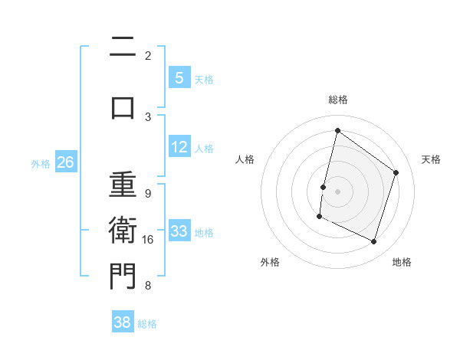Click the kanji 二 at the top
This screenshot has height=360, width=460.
tap(123, 47)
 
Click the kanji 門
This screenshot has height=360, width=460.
tap(123, 277)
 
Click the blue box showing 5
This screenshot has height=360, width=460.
tap(179, 77)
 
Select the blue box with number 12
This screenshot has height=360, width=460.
tap(179, 147)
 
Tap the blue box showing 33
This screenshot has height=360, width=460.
tap(179, 231)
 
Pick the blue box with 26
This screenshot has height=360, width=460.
tap(65, 162)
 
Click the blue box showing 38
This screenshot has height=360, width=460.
tap(123, 322)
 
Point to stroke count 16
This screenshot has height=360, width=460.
tap(148, 240)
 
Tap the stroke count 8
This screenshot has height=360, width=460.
tap(148, 286)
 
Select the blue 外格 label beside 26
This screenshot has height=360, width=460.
tap(41, 163)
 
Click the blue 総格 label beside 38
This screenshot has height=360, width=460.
tap(147, 324)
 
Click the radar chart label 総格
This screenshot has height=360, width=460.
tap(337, 100)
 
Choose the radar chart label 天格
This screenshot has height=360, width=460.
tap(431, 159)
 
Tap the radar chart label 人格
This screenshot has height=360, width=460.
tap(245, 159)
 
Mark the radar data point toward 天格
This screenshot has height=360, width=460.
tap(396, 172)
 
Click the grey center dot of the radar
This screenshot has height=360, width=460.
tap(337, 191)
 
